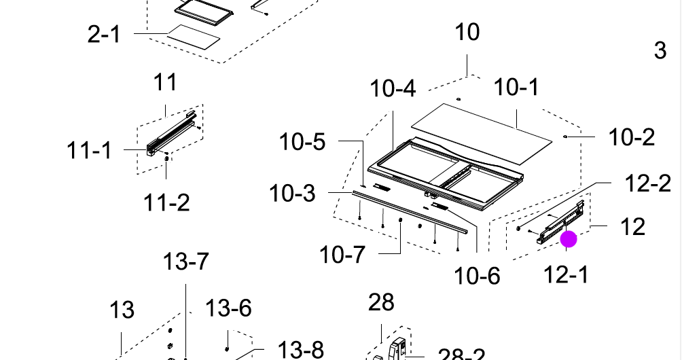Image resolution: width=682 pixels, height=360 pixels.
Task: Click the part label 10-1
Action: (x=515, y=88)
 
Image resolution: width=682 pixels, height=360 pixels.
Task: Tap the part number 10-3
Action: (x=292, y=194)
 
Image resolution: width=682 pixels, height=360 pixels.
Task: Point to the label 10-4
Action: (x=393, y=88)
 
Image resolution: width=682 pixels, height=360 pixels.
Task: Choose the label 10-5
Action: (x=302, y=142)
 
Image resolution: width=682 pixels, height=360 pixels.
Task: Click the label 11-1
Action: (x=89, y=150)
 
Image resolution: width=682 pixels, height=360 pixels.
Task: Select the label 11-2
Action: (x=166, y=202)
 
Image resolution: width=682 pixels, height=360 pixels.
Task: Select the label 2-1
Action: (x=104, y=33)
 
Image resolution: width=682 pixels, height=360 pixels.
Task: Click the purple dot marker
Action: (x=569, y=239)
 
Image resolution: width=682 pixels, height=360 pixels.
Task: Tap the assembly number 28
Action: (x=380, y=302)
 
